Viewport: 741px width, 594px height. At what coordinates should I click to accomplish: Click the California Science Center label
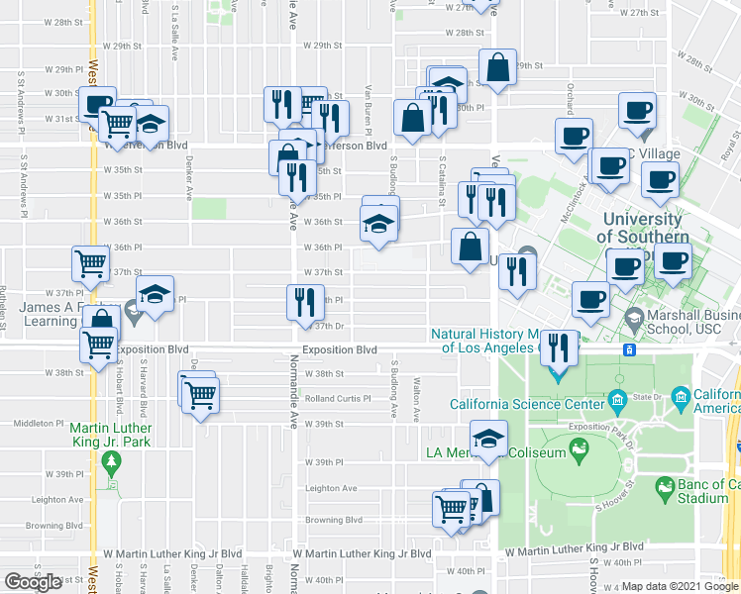click(x=526, y=404)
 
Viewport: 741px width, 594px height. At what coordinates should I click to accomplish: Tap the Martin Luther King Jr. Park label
click(x=110, y=436)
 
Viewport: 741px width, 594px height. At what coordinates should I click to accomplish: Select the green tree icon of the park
click(x=111, y=460)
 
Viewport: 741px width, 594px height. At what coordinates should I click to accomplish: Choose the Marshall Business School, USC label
click(x=691, y=323)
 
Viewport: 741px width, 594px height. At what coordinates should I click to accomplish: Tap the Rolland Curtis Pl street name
click(x=337, y=399)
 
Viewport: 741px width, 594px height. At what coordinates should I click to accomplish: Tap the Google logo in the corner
click(x=33, y=582)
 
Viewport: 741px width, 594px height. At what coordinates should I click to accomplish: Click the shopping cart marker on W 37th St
click(x=90, y=262)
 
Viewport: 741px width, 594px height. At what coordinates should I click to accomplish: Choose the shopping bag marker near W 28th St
click(x=498, y=67)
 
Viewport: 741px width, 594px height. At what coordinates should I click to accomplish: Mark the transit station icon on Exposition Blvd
click(x=628, y=349)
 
